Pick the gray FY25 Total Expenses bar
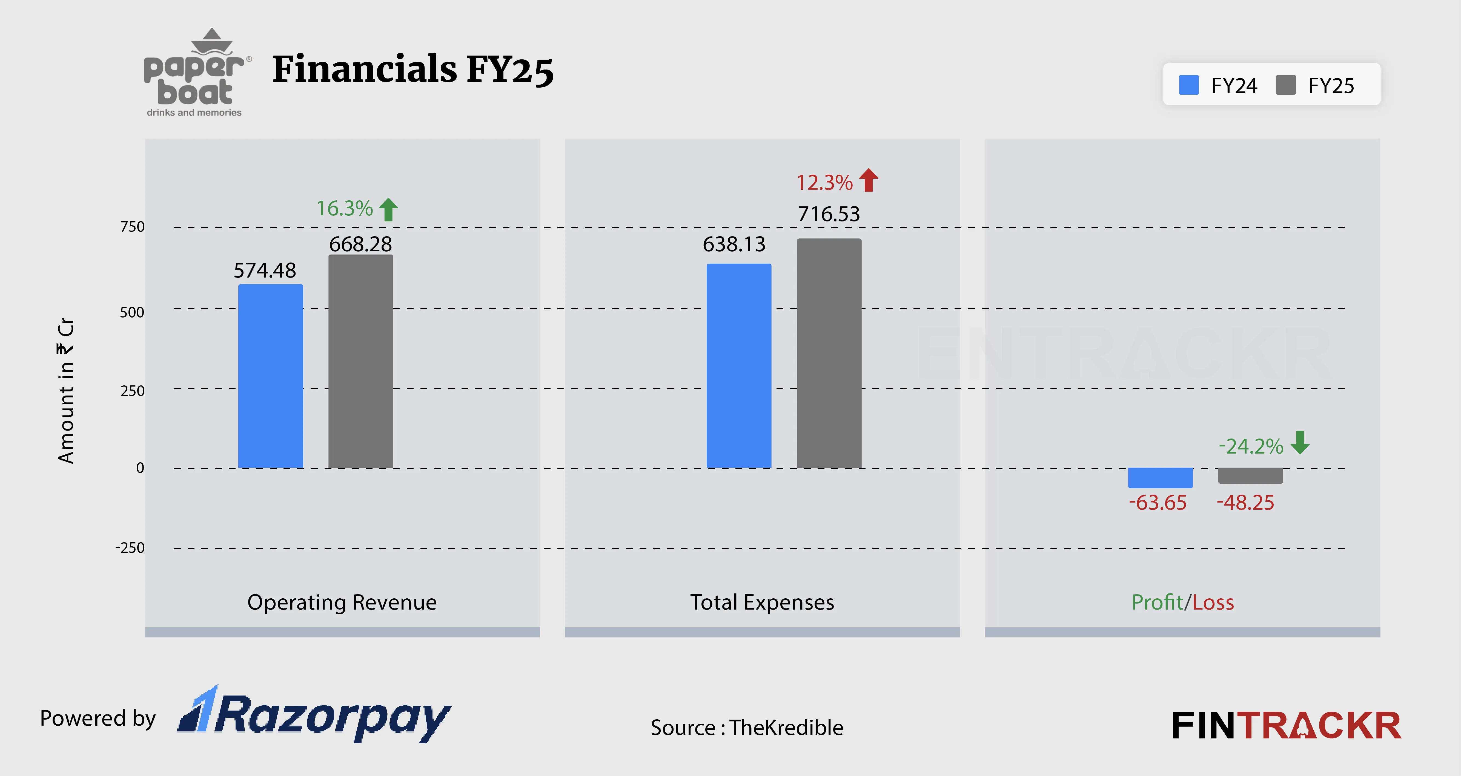[x=829, y=353]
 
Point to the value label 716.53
[x=829, y=214]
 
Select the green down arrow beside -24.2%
[x=1300, y=443]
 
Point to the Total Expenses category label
[x=762, y=602]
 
